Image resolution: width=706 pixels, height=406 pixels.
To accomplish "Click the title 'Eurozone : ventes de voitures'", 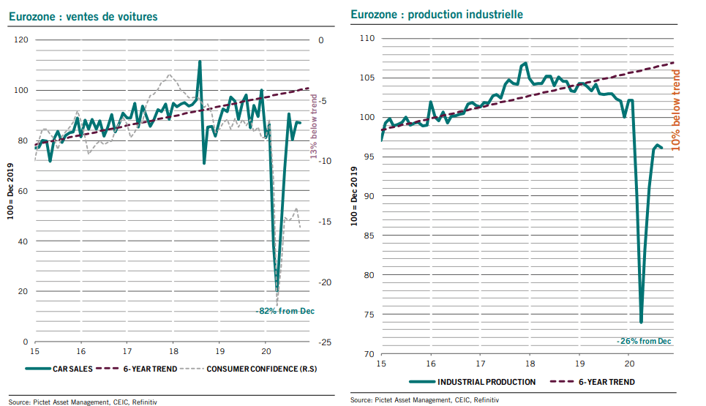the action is click(x=83, y=17).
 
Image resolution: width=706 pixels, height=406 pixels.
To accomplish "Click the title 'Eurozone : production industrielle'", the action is click(x=437, y=15).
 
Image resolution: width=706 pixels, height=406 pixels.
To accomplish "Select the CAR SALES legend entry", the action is click(x=59, y=369).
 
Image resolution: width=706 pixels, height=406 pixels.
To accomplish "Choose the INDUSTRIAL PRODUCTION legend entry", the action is click(x=473, y=382).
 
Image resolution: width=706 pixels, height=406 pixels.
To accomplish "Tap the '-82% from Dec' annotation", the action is click(x=285, y=311).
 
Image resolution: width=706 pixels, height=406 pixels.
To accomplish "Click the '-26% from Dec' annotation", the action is click(x=644, y=341).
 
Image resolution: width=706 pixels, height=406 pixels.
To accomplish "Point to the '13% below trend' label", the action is click(x=314, y=127).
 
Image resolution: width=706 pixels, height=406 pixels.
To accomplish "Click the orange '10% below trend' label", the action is click(x=675, y=110).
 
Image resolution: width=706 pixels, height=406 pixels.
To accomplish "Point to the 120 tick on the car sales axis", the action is click(x=21, y=40).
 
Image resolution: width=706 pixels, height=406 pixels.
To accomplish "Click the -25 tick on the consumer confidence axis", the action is click(x=325, y=342).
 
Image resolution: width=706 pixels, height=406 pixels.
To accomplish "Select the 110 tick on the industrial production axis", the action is click(x=367, y=38).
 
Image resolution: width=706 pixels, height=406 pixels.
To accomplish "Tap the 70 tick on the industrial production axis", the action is click(x=369, y=354).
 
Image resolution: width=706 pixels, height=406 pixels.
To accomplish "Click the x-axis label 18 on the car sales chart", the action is click(x=174, y=352).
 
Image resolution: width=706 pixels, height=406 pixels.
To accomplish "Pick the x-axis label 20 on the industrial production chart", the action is click(x=629, y=364).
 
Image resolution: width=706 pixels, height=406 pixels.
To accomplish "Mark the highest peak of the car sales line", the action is click(x=200, y=61).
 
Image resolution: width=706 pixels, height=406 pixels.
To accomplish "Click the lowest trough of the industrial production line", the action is click(x=641, y=322).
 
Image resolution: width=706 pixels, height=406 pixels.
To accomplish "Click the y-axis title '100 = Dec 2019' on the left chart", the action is click(x=10, y=192).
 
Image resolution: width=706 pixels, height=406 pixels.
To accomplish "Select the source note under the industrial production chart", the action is click(x=424, y=399).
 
